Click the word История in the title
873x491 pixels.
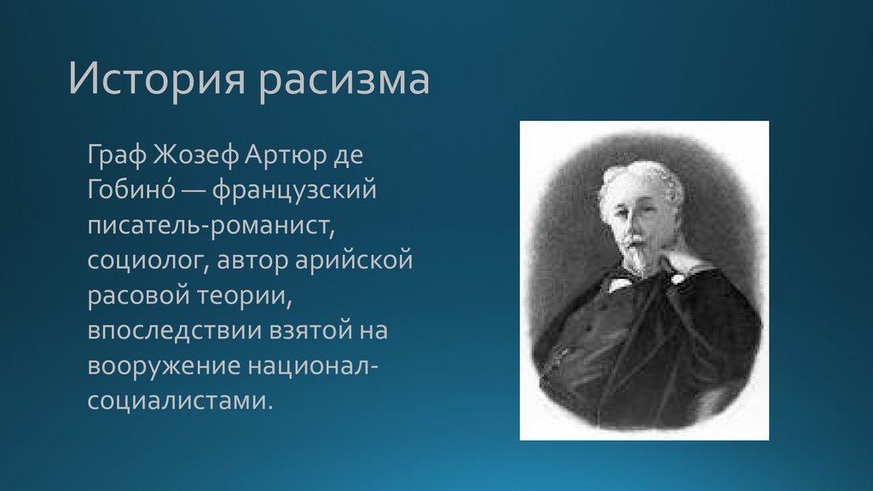click(x=157, y=79)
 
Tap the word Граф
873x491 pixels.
click(x=117, y=156)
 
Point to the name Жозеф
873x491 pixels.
click(x=196, y=156)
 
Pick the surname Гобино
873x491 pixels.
click(x=131, y=189)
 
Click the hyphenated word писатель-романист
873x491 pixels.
click(x=211, y=226)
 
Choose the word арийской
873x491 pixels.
click(x=354, y=261)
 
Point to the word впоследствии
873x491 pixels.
click(x=175, y=331)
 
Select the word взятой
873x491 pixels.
click(x=310, y=331)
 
